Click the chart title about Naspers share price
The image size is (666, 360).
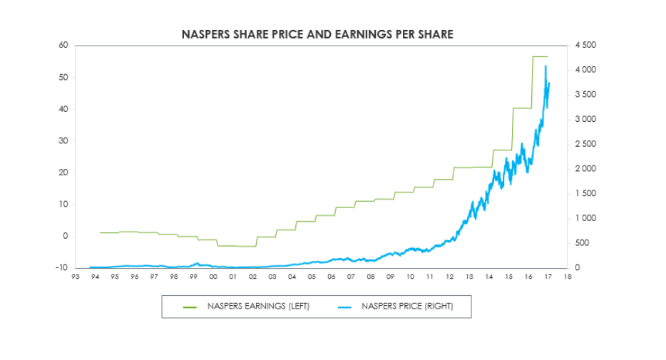pos(317,34)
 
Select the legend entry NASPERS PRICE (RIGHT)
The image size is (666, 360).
pos(406,307)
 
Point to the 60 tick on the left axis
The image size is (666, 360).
pos(63,46)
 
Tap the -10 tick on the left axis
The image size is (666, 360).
pos(61,268)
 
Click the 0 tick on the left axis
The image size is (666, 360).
pos(65,236)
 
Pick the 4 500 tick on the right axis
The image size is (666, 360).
pos(585,46)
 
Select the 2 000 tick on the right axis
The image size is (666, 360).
pos(585,169)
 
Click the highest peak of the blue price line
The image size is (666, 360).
pos(545,66)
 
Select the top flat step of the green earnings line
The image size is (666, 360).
pos(540,56)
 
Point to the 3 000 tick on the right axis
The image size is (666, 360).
pos(585,120)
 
